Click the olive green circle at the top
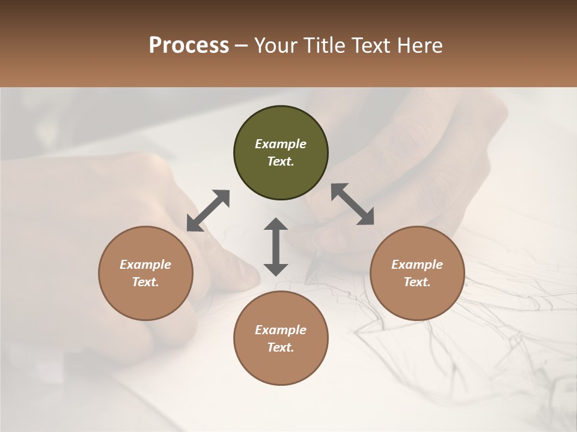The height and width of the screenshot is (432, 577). point(281,153)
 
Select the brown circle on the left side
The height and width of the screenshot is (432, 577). point(145,273)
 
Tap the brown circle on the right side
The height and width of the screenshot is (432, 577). point(417,273)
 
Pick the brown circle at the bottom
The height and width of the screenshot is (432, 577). point(281,338)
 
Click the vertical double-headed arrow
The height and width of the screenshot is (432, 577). point(276,247)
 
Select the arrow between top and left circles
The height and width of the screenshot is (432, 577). point(208,211)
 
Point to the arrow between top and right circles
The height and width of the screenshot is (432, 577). point(352,204)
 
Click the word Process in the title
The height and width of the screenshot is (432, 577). point(189,45)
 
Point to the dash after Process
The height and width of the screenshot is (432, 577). point(241,46)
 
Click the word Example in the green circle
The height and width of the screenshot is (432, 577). point(281,144)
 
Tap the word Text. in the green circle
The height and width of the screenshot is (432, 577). point(281,161)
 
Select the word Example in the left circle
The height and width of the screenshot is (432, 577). point(145,265)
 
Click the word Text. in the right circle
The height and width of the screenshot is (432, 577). point(417,282)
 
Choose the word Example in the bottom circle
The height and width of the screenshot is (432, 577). point(281,330)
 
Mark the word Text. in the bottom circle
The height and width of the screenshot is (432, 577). point(281,347)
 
